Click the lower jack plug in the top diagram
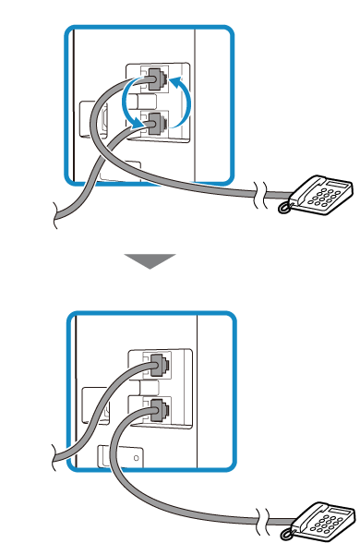click(153, 121)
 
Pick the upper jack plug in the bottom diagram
click(156, 365)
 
